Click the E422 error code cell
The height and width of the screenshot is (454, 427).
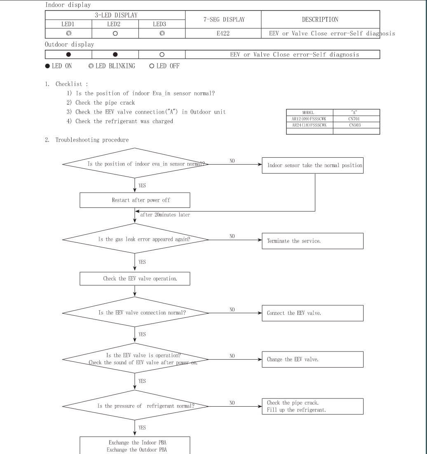[223, 33]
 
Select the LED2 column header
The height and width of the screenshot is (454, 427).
[115, 24]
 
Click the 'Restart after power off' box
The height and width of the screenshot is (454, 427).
[135, 200]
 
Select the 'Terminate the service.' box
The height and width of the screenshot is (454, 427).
[312, 241]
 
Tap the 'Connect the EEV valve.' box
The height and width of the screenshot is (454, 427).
[312, 313]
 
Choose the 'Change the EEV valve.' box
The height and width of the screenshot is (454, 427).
[312, 359]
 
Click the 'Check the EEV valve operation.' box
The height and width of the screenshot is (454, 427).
[135, 279]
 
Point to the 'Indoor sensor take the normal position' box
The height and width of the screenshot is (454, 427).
[312, 165]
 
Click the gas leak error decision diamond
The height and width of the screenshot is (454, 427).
[135, 239]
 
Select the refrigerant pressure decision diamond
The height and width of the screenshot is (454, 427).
[135, 406]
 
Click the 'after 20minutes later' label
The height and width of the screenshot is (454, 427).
[165, 214]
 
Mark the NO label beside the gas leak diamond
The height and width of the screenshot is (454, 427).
[232, 236]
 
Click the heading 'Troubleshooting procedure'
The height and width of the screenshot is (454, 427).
[92, 140]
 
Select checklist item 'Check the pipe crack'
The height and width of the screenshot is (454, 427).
[105, 102]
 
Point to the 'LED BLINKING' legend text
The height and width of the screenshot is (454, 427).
[115, 66]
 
